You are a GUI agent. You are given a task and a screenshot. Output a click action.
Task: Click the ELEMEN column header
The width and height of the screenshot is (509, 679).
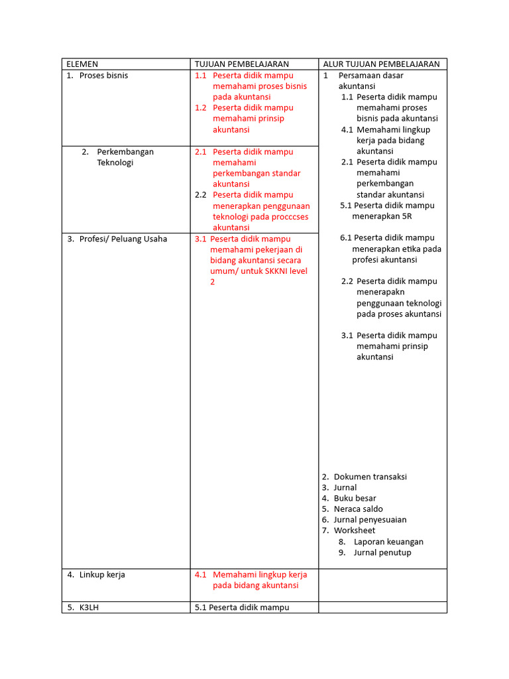pyautogui.click(x=82, y=64)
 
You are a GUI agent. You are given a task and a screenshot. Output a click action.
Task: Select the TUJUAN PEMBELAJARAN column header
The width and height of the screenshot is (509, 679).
pyautogui.click(x=242, y=64)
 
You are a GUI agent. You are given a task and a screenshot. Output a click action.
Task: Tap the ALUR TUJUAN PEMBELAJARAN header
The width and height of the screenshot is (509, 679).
pyautogui.click(x=381, y=64)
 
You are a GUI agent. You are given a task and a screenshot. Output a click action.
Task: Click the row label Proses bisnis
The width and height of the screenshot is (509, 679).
pyautogui.click(x=103, y=76)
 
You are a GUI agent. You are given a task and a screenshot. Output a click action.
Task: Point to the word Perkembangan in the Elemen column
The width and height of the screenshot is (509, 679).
pyautogui.click(x=125, y=152)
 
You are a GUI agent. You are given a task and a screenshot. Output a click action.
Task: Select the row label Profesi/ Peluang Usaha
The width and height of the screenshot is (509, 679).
pyautogui.click(x=123, y=239)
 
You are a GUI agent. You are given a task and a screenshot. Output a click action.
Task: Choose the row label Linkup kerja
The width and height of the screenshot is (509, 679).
pyautogui.click(x=102, y=575)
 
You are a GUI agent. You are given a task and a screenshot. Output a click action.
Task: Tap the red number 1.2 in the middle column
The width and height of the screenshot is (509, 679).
pyautogui.click(x=201, y=108)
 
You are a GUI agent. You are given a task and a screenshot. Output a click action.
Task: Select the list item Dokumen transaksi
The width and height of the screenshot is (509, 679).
pyautogui.click(x=370, y=477)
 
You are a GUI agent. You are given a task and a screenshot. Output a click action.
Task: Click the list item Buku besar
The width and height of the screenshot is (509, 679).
pyautogui.click(x=355, y=499)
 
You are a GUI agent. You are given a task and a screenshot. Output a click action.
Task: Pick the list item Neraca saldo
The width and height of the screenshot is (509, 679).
pyautogui.click(x=358, y=509)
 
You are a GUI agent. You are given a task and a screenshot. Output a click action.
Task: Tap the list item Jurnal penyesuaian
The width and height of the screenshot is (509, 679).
pyautogui.click(x=370, y=520)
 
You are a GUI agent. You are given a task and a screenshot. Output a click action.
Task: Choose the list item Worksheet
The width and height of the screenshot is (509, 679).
pyautogui.click(x=354, y=530)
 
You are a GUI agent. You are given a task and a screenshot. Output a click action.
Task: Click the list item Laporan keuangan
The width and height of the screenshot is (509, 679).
pyautogui.click(x=388, y=542)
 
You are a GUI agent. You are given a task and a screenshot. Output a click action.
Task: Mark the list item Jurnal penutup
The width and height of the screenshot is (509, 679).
pyautogui.click(x=382, y=552)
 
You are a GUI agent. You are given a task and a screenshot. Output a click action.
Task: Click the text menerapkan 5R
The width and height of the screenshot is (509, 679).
pyautogui.click(x=382, y=216)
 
